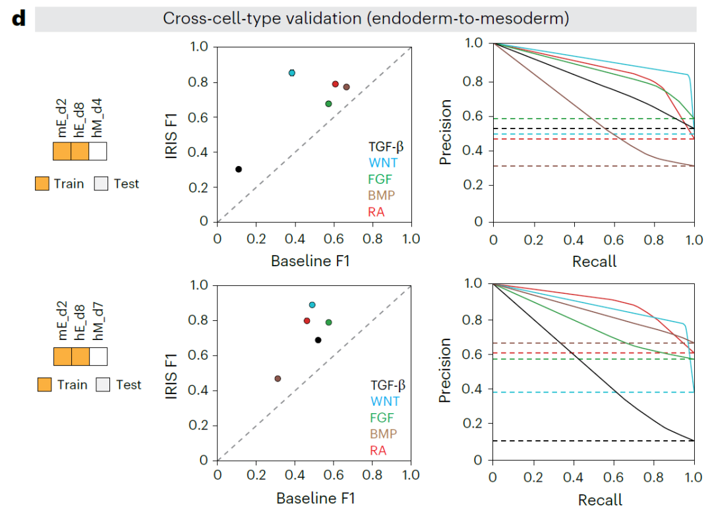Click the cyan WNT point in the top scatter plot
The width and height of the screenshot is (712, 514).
click(x=292, y=72)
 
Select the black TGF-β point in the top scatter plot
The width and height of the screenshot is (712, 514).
click(x=239, y=169)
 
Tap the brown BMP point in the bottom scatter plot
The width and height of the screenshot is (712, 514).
click(x=278, y=379)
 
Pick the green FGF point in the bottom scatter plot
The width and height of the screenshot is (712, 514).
click(x=328, y=322)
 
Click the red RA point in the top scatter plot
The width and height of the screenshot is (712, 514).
click(x=335, y=84)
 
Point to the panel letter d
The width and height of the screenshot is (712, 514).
click(x=18, y=18)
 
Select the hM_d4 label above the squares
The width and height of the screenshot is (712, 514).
click(x=97, y=117)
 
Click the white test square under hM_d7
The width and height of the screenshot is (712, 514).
click(x=98, y=357)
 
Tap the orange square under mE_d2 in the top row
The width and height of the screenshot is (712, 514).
click(x=62, y=151)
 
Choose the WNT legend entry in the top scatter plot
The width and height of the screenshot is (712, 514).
click(x=383, y=163)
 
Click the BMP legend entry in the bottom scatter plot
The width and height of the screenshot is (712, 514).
click(x=383, y=434)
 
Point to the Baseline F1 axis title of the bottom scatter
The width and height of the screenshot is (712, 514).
click(x=315, y=498)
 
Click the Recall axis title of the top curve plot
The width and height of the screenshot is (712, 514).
click(x=594, y=262)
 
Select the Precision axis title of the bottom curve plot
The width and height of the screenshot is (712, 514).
click(x=445, y=370)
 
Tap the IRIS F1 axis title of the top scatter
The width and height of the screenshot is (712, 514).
click(x=171, y=136)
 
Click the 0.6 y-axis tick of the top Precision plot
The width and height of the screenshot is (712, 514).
click(x=472, y=116)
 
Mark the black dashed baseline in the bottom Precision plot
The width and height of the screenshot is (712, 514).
click(x=593, y=440)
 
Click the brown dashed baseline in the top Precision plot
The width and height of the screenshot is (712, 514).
click(x=594, y=166)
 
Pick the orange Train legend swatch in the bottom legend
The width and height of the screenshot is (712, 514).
click(x=45, y=385)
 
